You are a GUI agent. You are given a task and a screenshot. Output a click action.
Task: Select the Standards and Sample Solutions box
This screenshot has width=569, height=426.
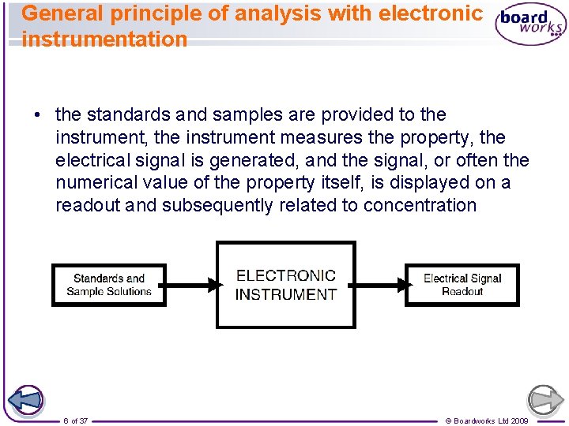point(109,285)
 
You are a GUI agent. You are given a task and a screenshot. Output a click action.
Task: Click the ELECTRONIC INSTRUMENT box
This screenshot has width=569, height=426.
point(286,285)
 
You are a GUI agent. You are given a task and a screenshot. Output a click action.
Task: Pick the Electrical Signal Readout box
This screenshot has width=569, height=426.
point(462,285)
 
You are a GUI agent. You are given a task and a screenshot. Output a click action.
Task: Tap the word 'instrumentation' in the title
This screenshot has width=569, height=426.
point(105,39)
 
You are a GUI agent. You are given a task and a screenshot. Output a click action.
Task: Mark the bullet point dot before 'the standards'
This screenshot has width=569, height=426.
point(37,115)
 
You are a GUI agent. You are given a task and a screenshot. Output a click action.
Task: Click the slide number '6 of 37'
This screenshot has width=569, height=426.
point(76,420)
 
